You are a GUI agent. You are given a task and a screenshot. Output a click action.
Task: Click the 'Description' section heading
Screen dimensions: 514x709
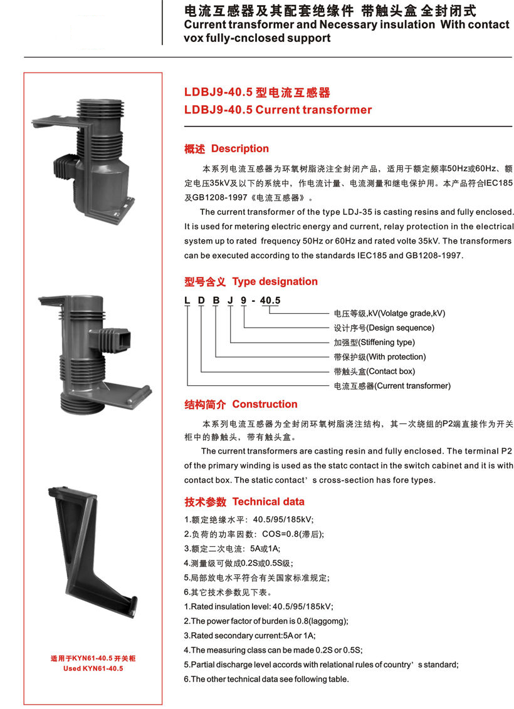coord(240,149)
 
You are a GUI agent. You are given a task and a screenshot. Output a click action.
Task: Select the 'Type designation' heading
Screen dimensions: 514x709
coord(275,282)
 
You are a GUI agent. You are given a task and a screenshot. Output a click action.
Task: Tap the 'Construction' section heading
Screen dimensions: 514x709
coord(265,404)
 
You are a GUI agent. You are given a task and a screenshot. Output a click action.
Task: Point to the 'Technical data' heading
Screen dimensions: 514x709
coord(268,502)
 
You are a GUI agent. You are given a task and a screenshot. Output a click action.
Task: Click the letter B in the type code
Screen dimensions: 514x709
coord(216,301)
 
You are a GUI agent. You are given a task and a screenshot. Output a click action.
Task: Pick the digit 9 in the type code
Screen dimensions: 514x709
coord(244,301)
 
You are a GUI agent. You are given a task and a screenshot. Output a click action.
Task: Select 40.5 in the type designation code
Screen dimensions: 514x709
coord(270,301)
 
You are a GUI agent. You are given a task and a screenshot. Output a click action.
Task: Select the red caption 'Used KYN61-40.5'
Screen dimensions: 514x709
coord(93,668)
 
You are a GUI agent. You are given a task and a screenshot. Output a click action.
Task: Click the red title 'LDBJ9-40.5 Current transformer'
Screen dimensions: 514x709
coord(278,110)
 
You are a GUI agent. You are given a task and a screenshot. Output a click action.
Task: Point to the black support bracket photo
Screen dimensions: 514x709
coord(93,551)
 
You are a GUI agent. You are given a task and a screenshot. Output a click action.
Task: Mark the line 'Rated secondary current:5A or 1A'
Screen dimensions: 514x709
coord(249,636)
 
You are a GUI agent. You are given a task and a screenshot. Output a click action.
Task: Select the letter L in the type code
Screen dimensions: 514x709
coord(187,301)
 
